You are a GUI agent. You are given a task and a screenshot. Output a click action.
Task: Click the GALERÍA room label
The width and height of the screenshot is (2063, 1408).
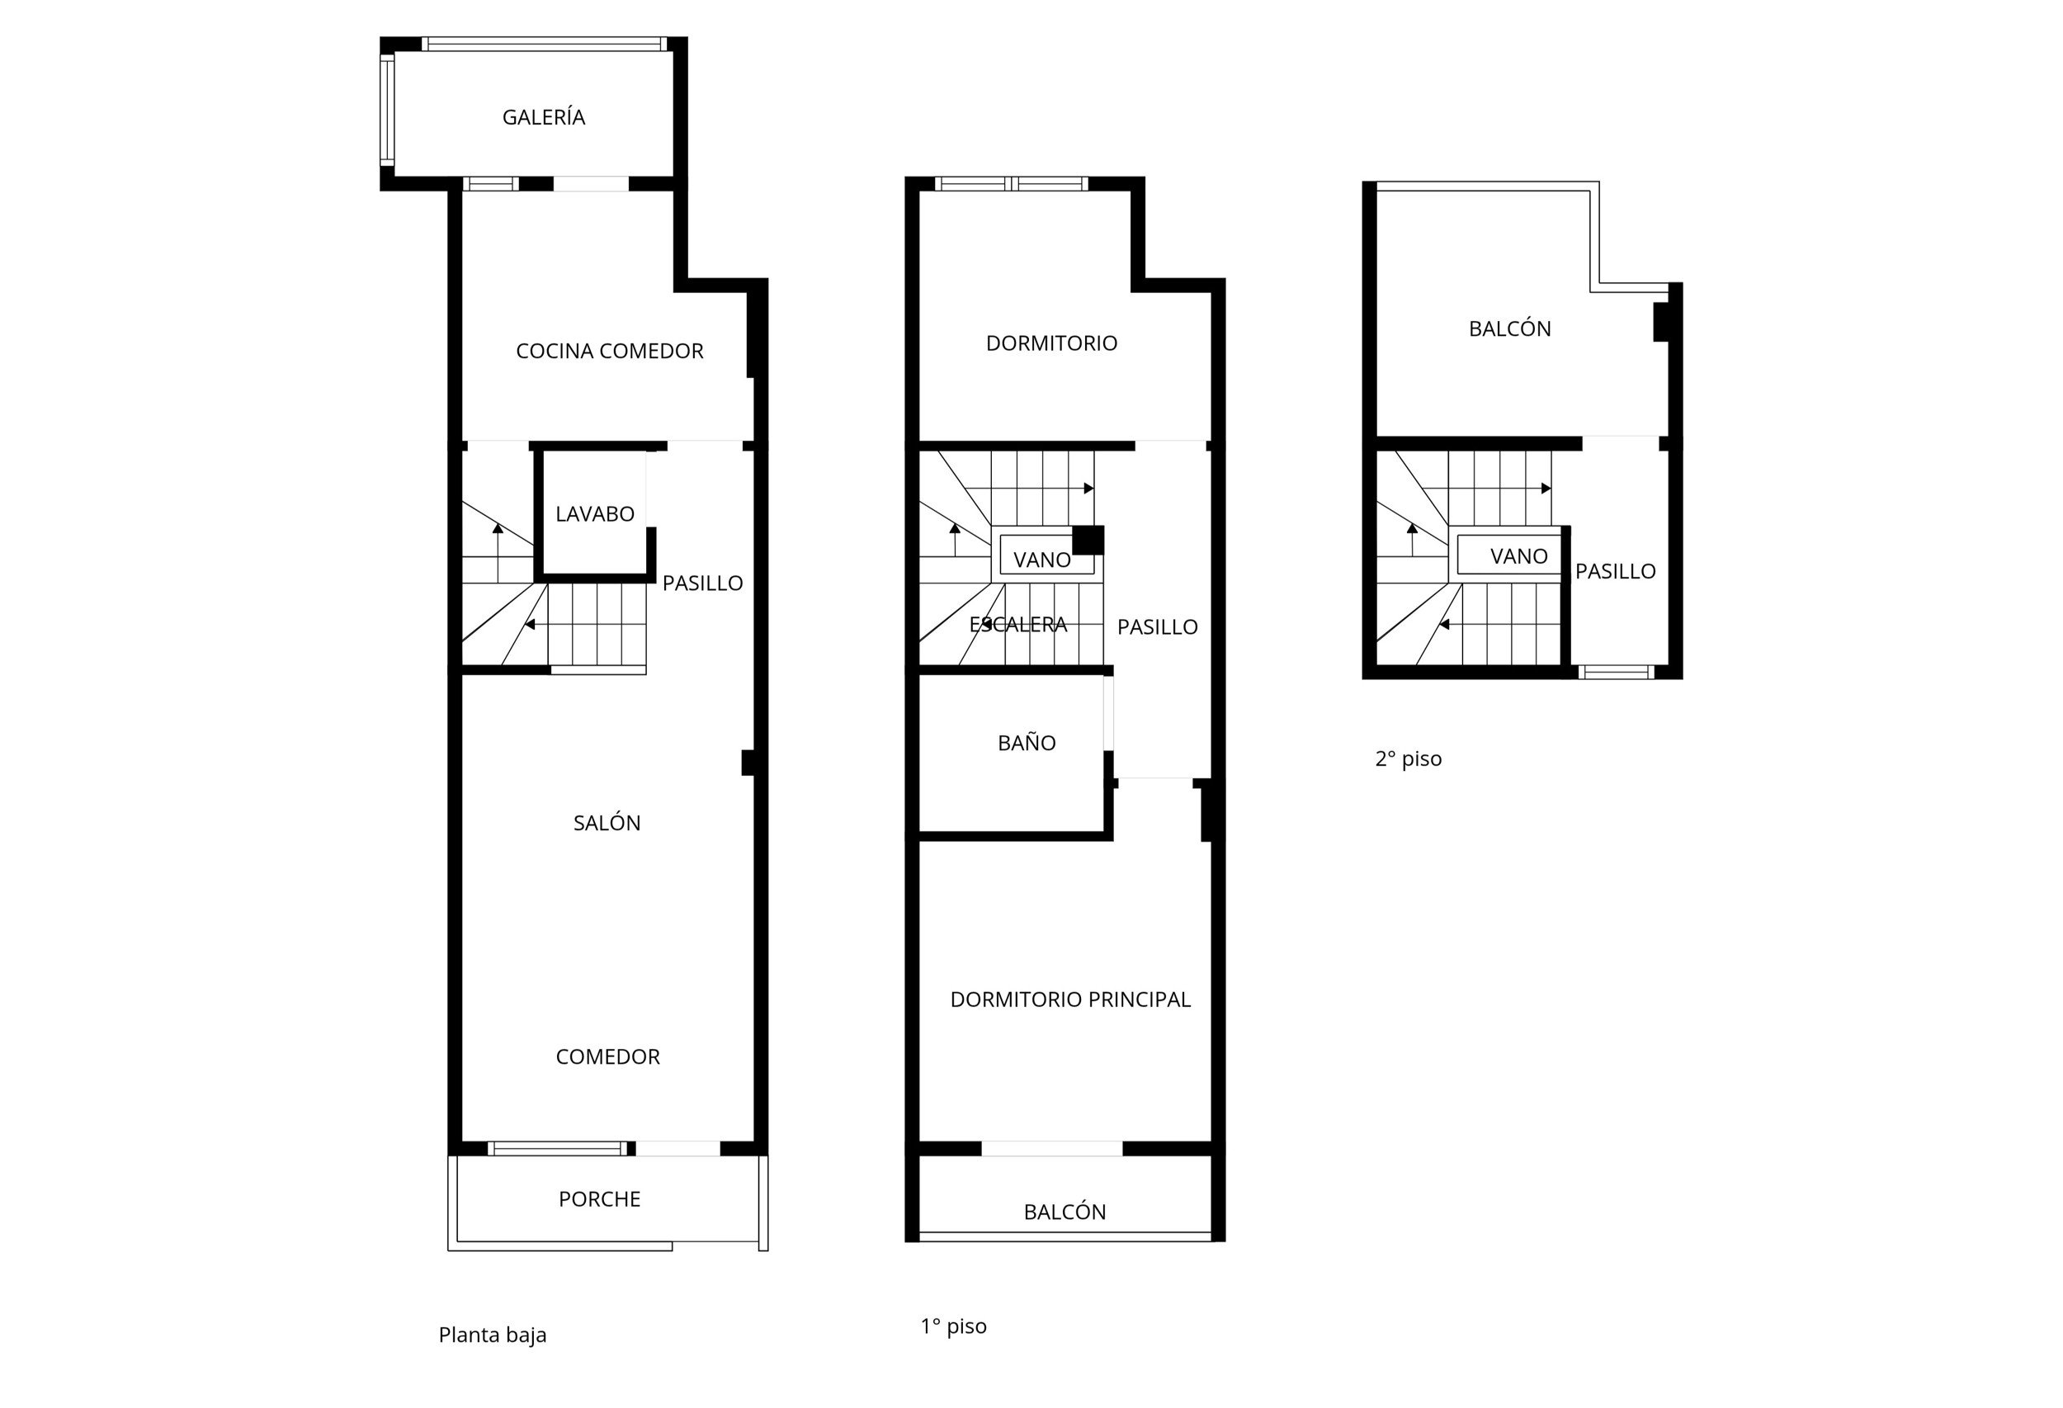click(543, 117)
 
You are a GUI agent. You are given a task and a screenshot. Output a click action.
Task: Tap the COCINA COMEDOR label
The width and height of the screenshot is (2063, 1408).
click(609, 351)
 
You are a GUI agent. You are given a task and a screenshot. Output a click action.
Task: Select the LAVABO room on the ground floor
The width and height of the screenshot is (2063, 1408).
click(595, 513)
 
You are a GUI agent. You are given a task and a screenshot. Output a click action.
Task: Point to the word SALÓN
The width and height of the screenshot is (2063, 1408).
click(607, 822)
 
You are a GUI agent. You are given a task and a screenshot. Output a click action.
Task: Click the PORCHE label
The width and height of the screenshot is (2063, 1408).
click(599, 1198)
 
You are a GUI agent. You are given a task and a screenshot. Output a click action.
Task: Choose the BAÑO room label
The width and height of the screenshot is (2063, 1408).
click(1027, 742)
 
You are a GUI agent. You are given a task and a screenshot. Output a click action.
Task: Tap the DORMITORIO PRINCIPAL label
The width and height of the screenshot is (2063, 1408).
click(1069, 999)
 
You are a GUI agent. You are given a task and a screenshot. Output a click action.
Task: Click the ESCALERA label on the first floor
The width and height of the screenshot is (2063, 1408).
click(1017, 624)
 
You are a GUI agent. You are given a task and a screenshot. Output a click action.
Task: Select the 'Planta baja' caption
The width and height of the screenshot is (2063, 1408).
click(492, 1335)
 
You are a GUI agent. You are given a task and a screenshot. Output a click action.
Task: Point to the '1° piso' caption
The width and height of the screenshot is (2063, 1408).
click(953, 1325)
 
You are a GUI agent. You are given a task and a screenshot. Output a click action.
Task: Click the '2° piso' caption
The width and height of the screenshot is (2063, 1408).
click(1408, 758)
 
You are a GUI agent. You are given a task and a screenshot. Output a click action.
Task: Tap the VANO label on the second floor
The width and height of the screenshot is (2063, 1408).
click(1519, 555)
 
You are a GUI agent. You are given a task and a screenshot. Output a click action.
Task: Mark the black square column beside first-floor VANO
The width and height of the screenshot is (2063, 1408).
click(1088, 540)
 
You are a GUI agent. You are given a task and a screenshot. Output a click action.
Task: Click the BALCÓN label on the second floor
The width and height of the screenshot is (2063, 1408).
click(1509, 328)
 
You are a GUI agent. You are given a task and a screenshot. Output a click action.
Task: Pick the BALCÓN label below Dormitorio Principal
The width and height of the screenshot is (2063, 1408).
click(1065, 1212)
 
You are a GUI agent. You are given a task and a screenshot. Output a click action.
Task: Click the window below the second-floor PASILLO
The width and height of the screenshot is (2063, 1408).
click(1617, 671)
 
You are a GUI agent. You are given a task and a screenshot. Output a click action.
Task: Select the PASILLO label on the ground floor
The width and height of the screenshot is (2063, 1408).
click(702, 584)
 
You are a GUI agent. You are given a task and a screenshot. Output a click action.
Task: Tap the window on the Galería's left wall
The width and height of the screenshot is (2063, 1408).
click(387, 110)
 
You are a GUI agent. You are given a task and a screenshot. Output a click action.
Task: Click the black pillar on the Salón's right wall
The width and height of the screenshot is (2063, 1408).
click(749, 763)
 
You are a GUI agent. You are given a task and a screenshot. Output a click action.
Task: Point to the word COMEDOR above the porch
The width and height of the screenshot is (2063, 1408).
click(607, 1056)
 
